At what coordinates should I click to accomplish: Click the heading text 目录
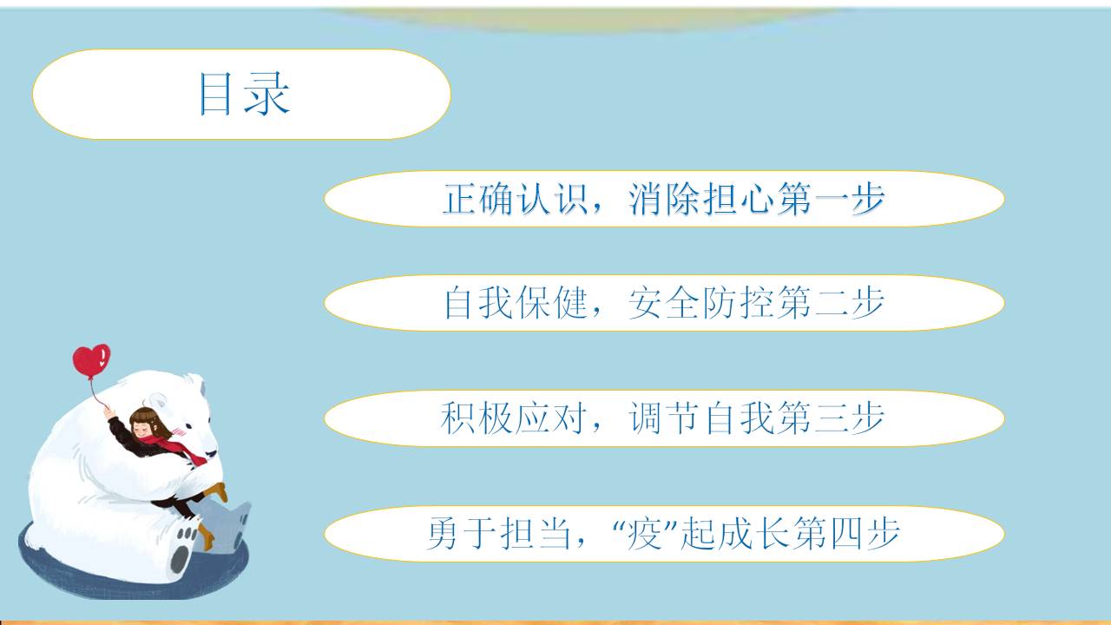pyautogui.click(x=244, y=94)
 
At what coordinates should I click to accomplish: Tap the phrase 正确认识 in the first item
pyautogui.click(x=515, y=199)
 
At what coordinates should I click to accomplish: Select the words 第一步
pyautogui.click(x=832, y=199)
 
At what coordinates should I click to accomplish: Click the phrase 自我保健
pyautogui.click(x=515, y=303)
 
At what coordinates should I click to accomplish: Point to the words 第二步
pyautogui.click(x=832, y=303)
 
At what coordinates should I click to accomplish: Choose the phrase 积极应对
pyautogui.click(x=514, y=418)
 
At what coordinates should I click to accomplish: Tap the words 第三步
pyautogui.click(x=832, y=418)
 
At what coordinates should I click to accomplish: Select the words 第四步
pyautogui.click(x=846, y=534)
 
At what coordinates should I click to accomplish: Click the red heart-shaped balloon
pyautogui.click(x=91, y=360)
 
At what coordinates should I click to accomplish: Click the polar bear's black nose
pyautogui.click(x=212, y=453)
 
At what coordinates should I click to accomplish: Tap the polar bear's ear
pyautogui.click(x=158, y=400)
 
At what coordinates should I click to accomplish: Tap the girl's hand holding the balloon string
pyautogui.click(x=108, y=412)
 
